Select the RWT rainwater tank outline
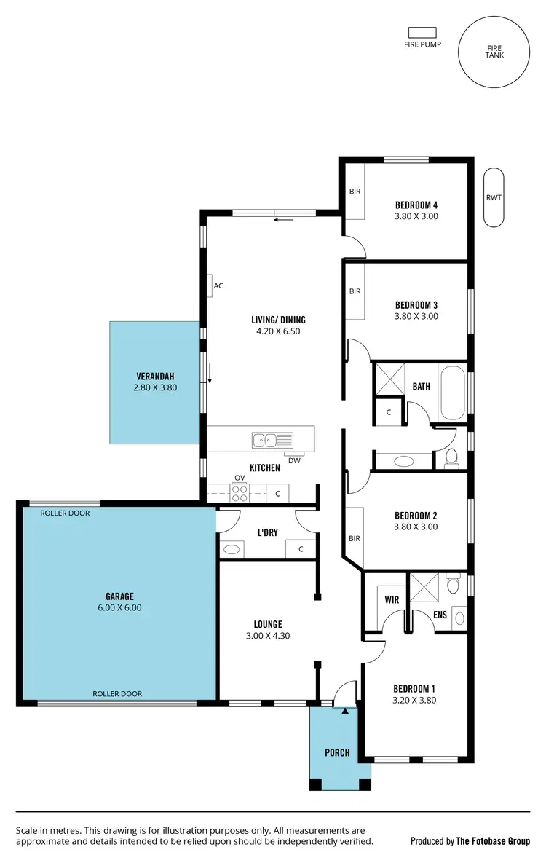click(494, 198)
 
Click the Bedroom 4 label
click(416, 205)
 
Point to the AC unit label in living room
click(218, 285)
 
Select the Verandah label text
click(155, 377)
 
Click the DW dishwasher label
click(294, 460)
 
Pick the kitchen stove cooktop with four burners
click(240, 493)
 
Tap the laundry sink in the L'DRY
click(232, 550)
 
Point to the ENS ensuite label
click(440, 615)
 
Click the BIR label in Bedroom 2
click(355, 539)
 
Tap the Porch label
click(336, 752)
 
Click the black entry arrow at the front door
click(345, 710)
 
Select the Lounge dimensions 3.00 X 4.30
click(268, 636)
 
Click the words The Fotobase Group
click(493, 841)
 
